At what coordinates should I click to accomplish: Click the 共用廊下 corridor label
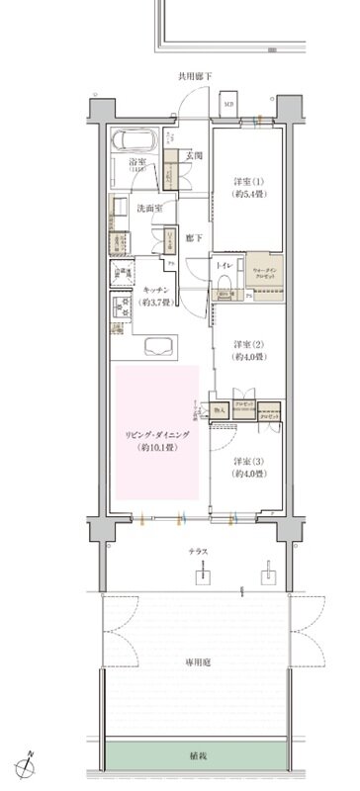pyautogui.click(x=195, y=76)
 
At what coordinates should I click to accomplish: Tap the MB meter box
pyautogui.click(x=229, y=102)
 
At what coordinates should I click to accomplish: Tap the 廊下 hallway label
pyautogui.click(x=194, y=238)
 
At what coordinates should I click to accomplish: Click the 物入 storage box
pyautogui.click(x=221, y=408)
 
